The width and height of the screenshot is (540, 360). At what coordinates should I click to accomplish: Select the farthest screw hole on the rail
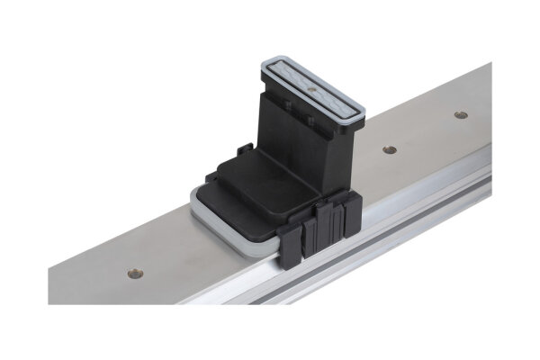click(461, 115)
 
